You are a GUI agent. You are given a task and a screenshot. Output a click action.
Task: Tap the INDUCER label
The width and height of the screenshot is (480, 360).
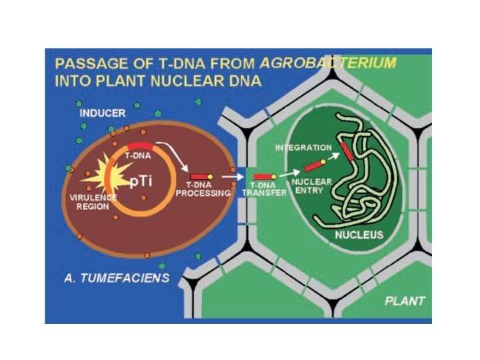[102, 113]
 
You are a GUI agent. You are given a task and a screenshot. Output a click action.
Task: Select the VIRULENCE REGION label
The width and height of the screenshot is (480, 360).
[93, 202]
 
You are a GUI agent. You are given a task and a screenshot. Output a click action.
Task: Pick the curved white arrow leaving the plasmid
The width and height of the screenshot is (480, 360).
[175, 159]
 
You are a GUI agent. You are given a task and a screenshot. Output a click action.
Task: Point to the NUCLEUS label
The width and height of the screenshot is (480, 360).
[359, 235]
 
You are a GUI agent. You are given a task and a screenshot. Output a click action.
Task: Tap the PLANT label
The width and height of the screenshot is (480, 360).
[405, 301]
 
